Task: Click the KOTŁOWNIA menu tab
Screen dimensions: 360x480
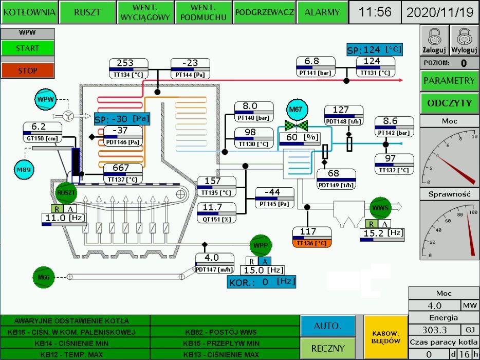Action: (29, 12)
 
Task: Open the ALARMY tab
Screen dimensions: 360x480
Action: (322, 12)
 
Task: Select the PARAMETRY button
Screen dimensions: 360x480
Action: (449, 81)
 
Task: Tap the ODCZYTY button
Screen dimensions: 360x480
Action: (449, 103)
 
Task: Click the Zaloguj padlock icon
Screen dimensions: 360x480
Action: (434, 40)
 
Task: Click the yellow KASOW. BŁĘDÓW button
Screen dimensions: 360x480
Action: (385, 337)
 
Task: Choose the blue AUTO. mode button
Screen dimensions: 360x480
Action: (327, 326)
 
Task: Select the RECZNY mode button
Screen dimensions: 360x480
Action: (327, 348)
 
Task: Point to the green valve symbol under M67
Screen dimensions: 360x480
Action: (297, 125)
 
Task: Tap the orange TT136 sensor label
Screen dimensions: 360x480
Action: (312, 243)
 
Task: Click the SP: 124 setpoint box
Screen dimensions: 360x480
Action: (374, 50)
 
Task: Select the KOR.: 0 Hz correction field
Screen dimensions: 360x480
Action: (262, 281)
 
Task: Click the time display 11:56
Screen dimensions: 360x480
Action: (375, 12)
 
